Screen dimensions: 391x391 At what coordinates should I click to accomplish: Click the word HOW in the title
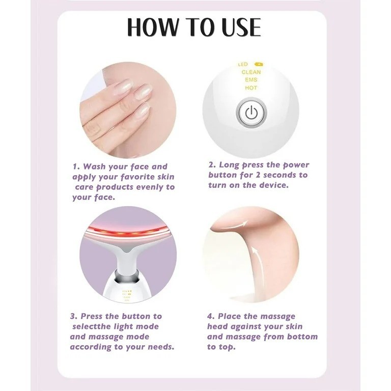tap(153, 27)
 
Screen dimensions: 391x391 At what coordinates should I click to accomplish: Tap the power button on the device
tap(251, 113)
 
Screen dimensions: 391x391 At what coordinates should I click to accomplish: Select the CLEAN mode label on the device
tap(251, 72)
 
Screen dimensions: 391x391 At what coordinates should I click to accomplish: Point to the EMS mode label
tap(251, 80)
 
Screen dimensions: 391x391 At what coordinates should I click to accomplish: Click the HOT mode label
tap(251, 88)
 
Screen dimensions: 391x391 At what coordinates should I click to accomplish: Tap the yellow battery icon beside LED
tap(259, 64)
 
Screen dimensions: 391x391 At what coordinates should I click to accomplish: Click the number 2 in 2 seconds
tap(258, 175)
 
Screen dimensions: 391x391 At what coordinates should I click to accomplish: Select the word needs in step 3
tap(160, 347)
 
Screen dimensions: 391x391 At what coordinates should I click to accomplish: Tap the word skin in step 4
tap(294, 326)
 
